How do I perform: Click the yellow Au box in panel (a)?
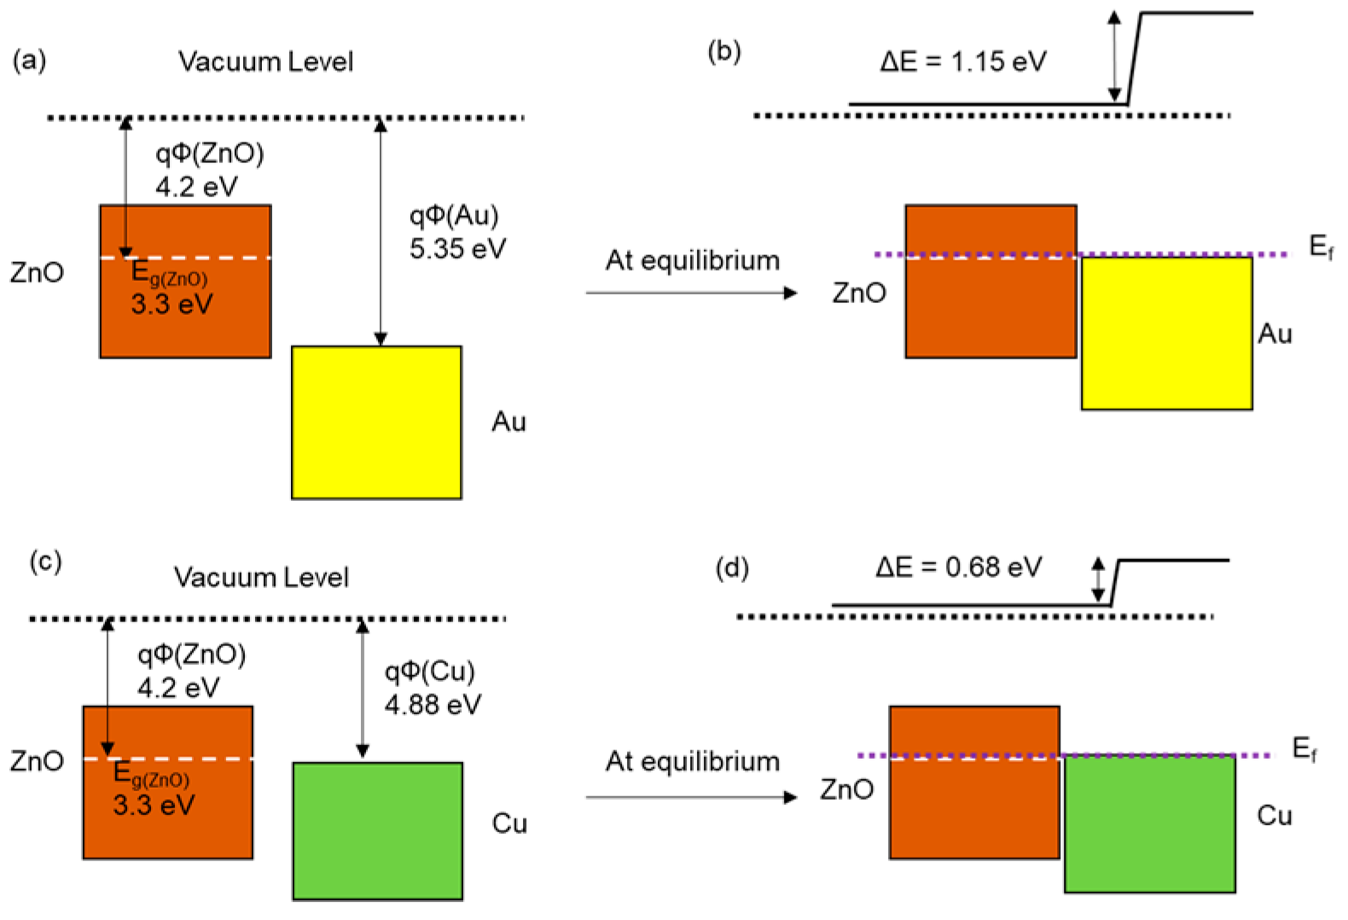pyautogui.click(x=376, y=422)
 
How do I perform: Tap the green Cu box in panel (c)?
pyautogui.click(x=378, y=830)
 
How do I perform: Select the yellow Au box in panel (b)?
pyautogui.click(x=1166, y=334)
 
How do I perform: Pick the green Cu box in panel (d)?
pyautogui.click(x=1149, y=824)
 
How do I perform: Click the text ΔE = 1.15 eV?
pyautogui.click(x=962, y=61)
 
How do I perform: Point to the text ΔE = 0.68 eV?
pyautogui.click(x=958, y=568)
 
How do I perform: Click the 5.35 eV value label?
pyautogui.click(x=457, y=248)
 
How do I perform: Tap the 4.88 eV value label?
pyautogui.click(x=433, y=704)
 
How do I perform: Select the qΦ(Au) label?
pyautogui.click(x=453, y=215)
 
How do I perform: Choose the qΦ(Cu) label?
pyautogui.click(x=429, y=671)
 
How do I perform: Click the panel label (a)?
pyautogui.click(x=29, y=61)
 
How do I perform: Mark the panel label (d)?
pyautogui.click(x=731, y=568)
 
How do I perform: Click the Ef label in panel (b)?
pyautogui.click(x=1321, y=247)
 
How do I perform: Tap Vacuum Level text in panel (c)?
pyautogui.click(x=261, y=578)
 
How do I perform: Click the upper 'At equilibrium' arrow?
pyautogui.click(x=691, y=293)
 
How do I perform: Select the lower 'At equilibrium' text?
pyautogui.click(x=692, y=761)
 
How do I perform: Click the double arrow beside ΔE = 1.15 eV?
pyautogui.click(x=1114, y=56)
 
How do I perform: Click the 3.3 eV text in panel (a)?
pyautogui.click(x=171, y=304)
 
